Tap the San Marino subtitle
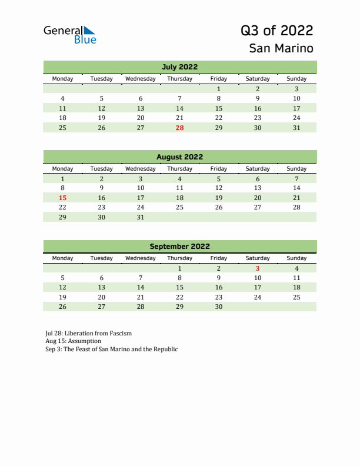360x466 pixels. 281,48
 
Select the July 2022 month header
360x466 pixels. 179,67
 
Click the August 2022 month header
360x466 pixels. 179,157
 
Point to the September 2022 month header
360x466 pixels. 179,247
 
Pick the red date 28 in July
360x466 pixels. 179,128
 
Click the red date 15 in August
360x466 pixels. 62,198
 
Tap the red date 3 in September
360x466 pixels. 257,268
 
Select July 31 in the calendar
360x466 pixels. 296,128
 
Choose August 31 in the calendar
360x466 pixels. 141,217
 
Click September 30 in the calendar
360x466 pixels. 218,307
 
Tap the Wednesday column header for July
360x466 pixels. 141,79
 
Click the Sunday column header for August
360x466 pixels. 296,168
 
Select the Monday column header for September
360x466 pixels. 62,258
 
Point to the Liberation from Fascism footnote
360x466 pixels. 88,333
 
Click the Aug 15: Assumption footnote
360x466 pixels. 73,341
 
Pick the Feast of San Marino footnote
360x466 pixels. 111,349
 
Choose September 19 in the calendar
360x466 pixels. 62,297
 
